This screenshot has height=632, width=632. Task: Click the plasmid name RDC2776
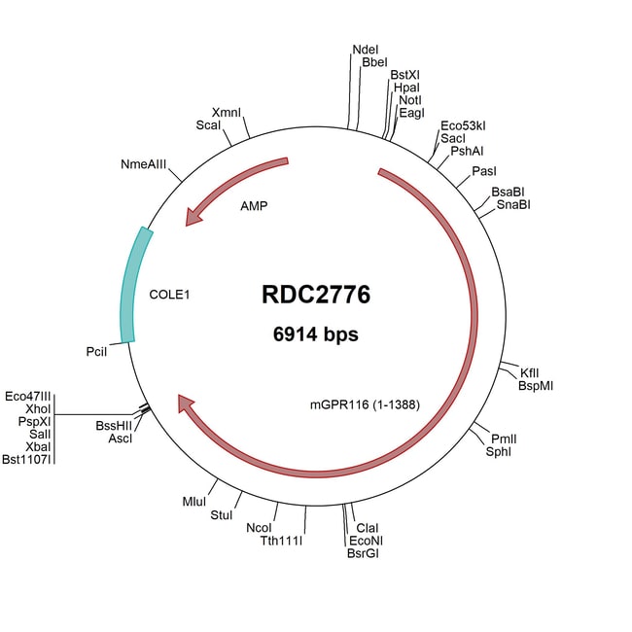click(315, 295)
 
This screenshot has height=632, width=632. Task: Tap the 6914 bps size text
click(315, 334)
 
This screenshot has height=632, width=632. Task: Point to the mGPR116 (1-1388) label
click(365, 404)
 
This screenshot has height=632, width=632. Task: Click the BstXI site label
click(404, 74)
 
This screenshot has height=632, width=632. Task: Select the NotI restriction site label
click(409, 100)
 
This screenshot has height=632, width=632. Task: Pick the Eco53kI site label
click(463, 126)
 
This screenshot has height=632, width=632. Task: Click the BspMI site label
click(536, 385)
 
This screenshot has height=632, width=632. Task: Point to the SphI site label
click(499, 452)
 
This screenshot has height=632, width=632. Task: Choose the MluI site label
click(193, 501)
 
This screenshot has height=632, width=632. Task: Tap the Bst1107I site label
click(27, 459)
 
